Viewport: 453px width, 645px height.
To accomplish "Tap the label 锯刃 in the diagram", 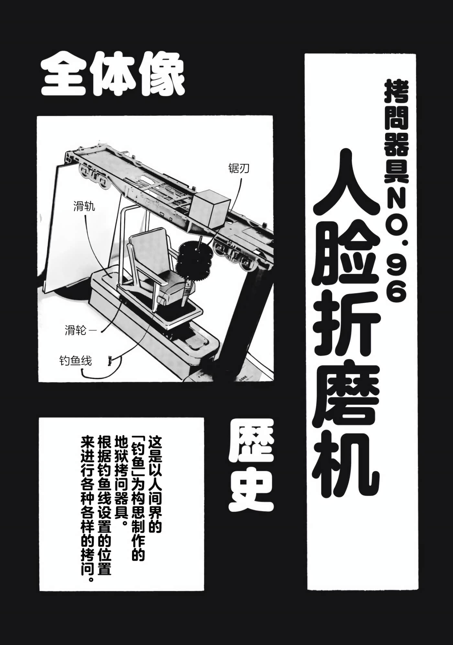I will pyautogui.click(x=239, y=168).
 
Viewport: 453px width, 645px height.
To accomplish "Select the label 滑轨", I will pyautogui.click(x=84, y=206).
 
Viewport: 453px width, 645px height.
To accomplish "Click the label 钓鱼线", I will pyautogui.click(x=75, y=361).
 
